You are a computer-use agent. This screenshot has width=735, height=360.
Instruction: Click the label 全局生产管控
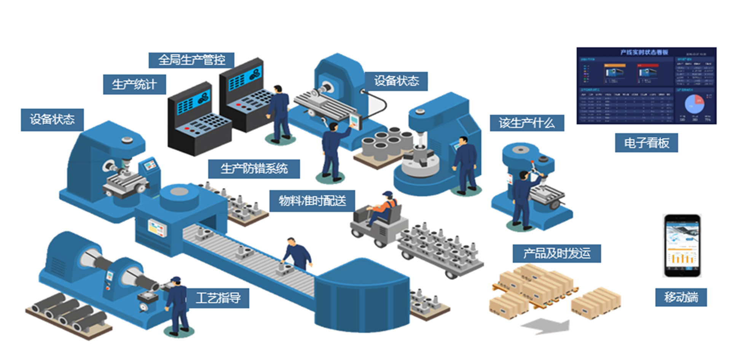pos(191,60)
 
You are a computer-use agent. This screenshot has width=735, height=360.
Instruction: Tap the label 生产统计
pos(134,84)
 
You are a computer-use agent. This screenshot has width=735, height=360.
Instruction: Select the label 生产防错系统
pos(254,169)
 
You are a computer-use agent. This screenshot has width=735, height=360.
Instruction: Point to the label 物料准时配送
pos(312,201)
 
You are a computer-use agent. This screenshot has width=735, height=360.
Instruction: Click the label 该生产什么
pos(526,123)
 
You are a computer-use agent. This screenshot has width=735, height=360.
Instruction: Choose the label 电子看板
pos(646,143)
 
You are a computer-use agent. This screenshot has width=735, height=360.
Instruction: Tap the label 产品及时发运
pos(556,253)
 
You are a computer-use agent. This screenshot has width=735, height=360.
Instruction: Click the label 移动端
pos(681,297)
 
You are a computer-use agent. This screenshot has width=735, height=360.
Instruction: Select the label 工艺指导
pos(218,298)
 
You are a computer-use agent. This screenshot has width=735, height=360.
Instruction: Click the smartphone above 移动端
pos(682,245)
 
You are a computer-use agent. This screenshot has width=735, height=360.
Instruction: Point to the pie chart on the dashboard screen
pos(694,104)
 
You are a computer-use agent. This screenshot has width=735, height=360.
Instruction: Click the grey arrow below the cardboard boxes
pos(546,326)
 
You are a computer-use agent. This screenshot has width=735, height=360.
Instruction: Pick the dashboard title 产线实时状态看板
pos(644,52)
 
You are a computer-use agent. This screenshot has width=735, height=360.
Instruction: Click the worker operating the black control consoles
pos(279,112)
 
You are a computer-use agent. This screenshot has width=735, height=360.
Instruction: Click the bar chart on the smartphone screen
pos(682,258)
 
